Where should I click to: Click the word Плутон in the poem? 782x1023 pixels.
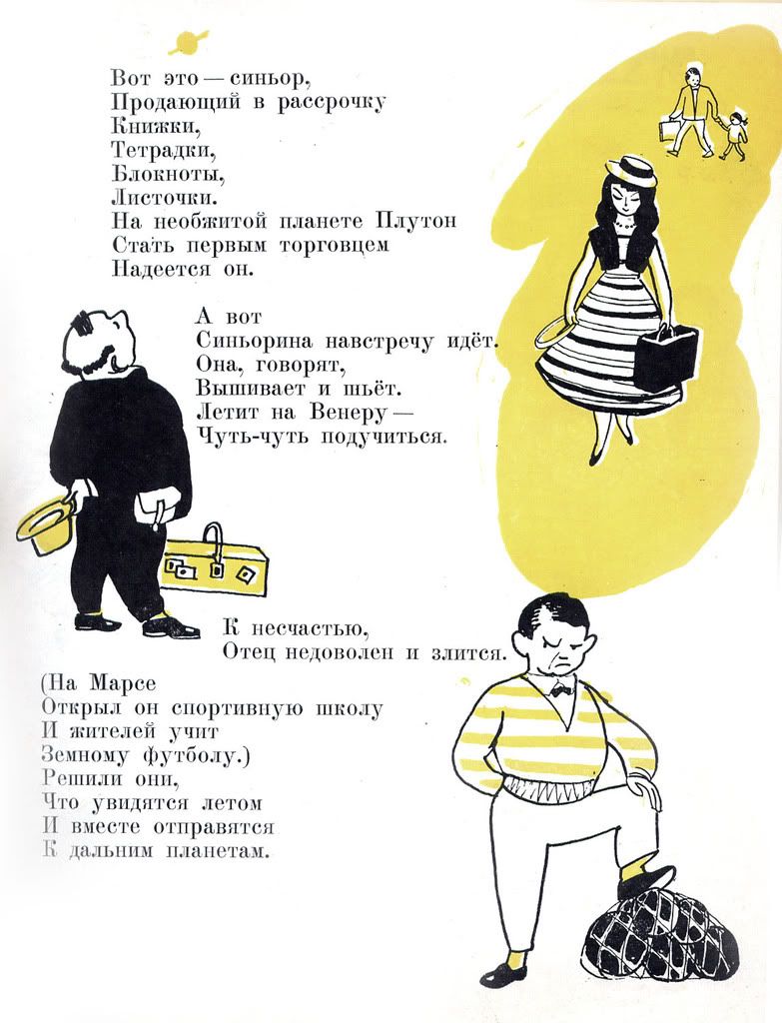click(x=415, y=220)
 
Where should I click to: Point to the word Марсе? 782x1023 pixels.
click(x=123, y=683)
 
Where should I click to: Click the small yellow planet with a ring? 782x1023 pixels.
click(x=187, y=41)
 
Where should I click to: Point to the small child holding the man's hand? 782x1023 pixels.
click(x=734, y=136)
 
